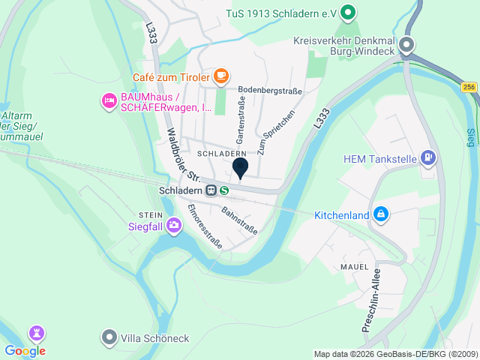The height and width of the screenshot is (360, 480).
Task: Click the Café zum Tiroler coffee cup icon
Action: pos(220,76)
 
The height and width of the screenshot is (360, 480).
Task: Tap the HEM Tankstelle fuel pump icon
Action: pos(427,158)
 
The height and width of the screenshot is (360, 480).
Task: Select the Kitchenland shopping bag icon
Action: pos(381,215)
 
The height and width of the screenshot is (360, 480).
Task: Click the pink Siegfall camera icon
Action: pos(174,224)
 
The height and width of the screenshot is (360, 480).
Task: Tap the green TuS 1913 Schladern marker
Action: pos(347,13)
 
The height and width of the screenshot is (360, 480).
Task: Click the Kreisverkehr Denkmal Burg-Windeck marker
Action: pos(406,44)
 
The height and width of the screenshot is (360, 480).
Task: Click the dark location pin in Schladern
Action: pos(240,168)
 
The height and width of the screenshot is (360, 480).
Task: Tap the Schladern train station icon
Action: pos(211,190)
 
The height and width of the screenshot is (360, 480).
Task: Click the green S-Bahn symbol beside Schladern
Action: pos(224,190)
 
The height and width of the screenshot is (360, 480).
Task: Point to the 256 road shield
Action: pos(469,88)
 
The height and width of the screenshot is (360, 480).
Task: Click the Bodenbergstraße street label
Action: pos(270,91)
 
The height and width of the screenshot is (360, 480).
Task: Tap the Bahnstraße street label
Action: pos(239,220)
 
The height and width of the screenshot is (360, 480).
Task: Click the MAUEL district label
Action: pos(354,266)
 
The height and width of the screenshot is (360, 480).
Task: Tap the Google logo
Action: pos(25,350)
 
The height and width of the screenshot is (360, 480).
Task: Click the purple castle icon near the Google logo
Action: pos(36,332)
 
